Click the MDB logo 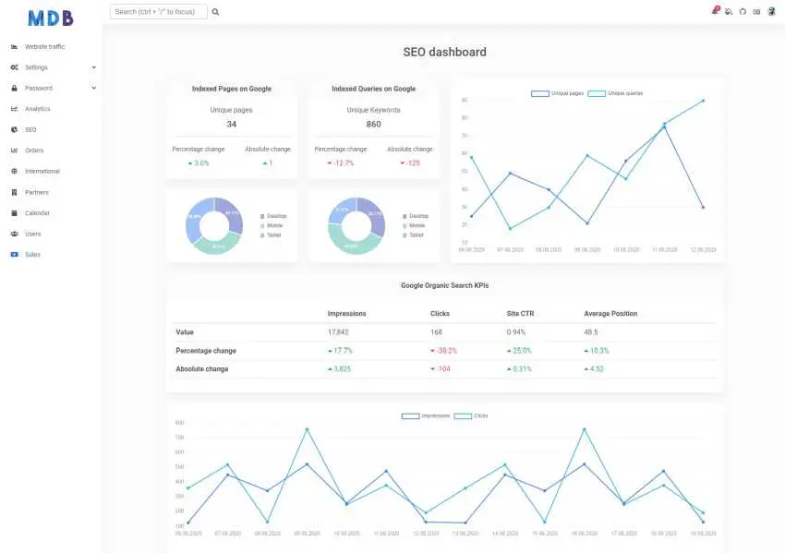pyautogui.click(x=51, y=18)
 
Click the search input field pyautogui.click(x=158, y=12)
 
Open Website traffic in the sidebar pyautogui.click(x=44, y=46)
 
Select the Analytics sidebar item pyautogui.click(x=37, y=109)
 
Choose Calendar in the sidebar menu pyautogui.click(x=37, y=213)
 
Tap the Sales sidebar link pyautogui.click(x=32, y=255)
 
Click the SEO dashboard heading pyautogui.click(x=444, y=52)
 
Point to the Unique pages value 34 pyautogui.click(x=231, y=125)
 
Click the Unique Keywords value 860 pyautogui.click(x=373, y=125)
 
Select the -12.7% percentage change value pyautogui.click(x=344, y=163)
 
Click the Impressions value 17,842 pyautogui.click(x=338, y=332)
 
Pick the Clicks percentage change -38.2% pyautogui.click(x=446, y=351)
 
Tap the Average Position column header pyautogui.click(x=610, y=314)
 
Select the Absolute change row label pyautogui.click(x=202, y=369)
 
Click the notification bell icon pyautogui.click(x=714, y=12)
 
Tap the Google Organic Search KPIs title pyautogui.click(x=444, y=286)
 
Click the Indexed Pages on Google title pyautogui.click(x=231, y=90)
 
